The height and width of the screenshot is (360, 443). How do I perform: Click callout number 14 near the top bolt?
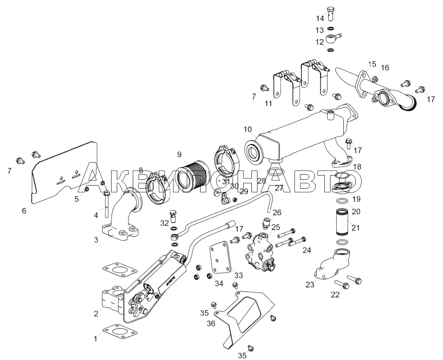point(320,19)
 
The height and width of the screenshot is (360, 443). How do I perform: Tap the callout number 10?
point(248,129)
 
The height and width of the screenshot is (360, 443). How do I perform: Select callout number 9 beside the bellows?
point(179,154)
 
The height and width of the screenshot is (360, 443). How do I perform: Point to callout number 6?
point(24,211)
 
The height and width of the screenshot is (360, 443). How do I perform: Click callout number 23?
point(309,284)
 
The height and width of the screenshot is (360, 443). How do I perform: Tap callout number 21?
point(355,228)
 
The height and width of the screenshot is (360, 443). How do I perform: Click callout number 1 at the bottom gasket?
point(95,338)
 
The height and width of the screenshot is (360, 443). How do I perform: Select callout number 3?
point(96,240)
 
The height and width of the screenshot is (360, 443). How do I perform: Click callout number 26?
point(277,212)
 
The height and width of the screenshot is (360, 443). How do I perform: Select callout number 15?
point(372,64)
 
